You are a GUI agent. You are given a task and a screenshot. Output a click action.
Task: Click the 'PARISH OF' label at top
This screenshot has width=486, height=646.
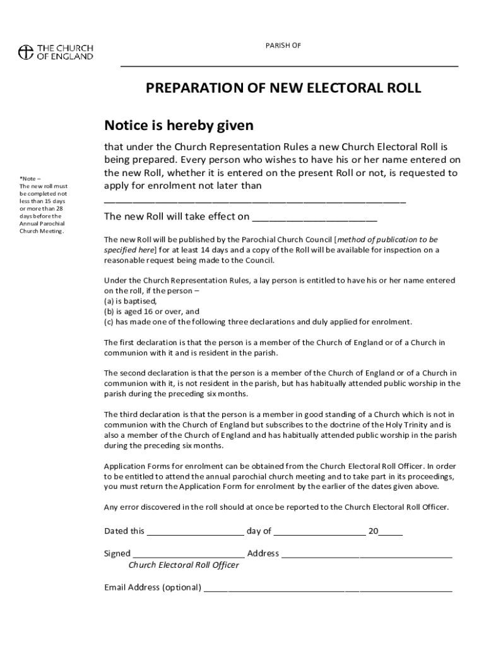tap(283, 45)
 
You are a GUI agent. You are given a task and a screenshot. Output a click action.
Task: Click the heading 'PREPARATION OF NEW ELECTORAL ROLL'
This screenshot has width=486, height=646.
tap(283, 88)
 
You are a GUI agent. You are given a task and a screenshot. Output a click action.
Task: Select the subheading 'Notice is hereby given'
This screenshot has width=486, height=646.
tap(179, 126)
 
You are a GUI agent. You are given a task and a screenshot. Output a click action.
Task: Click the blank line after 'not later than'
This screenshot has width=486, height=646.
tap(254, 201)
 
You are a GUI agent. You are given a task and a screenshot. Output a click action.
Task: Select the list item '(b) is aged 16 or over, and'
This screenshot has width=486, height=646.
tap(151, 311)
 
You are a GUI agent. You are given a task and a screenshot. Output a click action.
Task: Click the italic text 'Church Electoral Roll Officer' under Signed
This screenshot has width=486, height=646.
tap(184, 565)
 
